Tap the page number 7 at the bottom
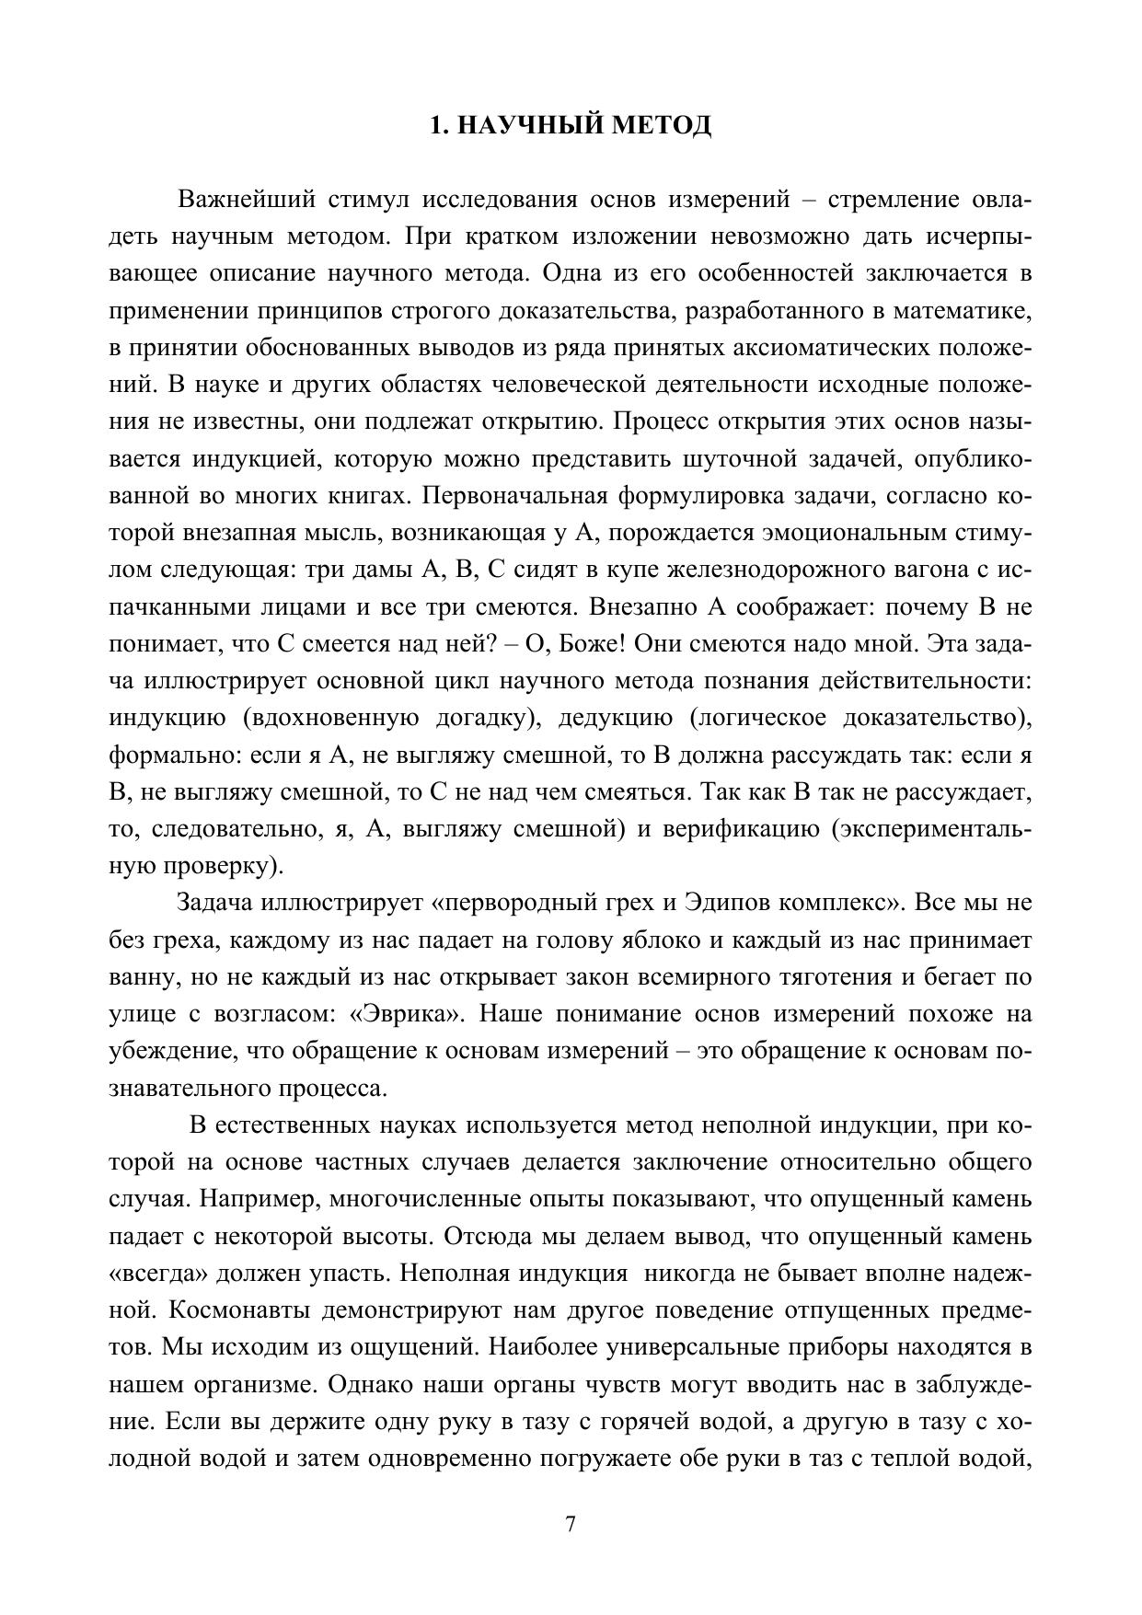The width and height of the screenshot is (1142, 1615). coord(571,1525)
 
